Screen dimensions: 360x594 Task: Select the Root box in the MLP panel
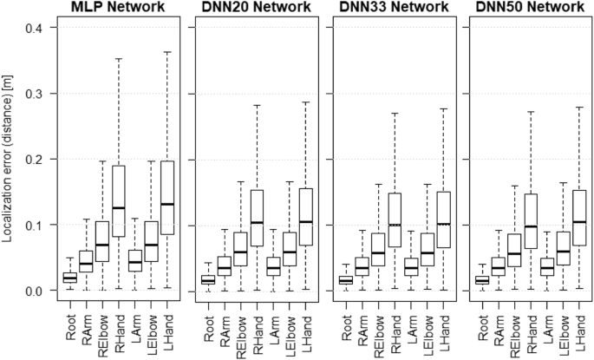[69, 278]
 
